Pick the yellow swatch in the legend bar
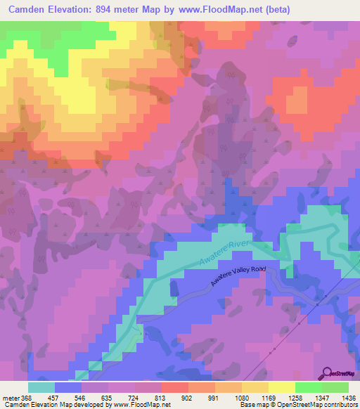pyautogui.click(x=282, y=387)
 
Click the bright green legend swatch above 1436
pyautogui.click(x=335, y=387)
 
